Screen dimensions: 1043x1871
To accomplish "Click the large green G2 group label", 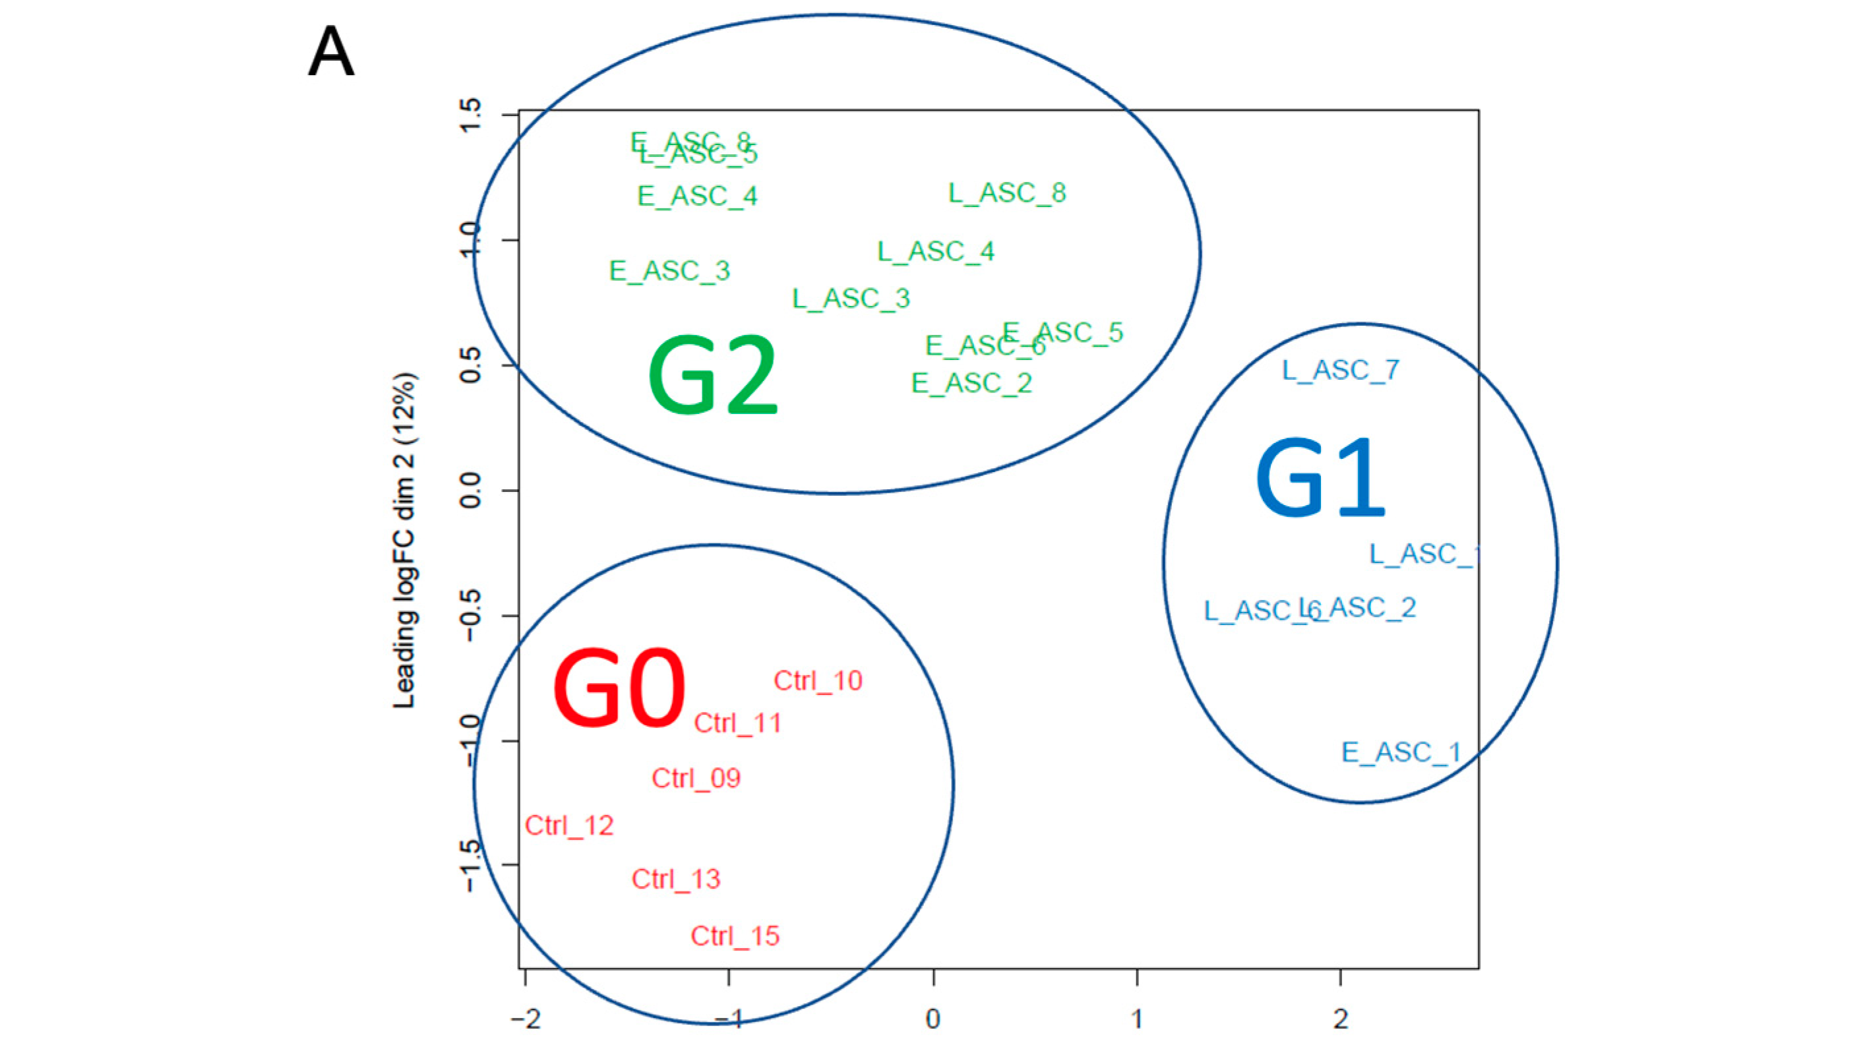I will tap(712, 376).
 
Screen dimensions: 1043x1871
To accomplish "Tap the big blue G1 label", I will tap(1320, 479).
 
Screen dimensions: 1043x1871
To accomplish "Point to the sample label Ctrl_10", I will tap(818, 680).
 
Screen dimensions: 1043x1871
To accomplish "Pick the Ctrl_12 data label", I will tap(569, 825).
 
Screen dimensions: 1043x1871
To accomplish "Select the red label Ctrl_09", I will tap(696, 778).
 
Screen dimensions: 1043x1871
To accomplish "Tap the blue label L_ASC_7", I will tap(1340, 371).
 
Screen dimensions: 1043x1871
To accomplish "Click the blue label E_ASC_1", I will tap(1400, 752).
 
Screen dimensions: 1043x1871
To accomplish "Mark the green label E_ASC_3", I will tap(669, 271).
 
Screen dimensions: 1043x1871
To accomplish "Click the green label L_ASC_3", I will tap(851, 299).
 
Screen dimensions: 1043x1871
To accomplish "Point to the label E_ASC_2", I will tap(971, 383).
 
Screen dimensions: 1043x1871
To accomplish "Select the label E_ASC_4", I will tap(697, 196).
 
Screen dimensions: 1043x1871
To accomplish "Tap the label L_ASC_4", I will tap(935, 251).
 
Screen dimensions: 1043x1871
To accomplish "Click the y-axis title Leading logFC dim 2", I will tap(404, 541).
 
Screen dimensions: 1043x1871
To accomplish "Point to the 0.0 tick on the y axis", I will tap(471, 491).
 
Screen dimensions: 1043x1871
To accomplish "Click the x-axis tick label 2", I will tap(1341, 1019).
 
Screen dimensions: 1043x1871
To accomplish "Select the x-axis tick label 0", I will tap(933, 1019).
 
